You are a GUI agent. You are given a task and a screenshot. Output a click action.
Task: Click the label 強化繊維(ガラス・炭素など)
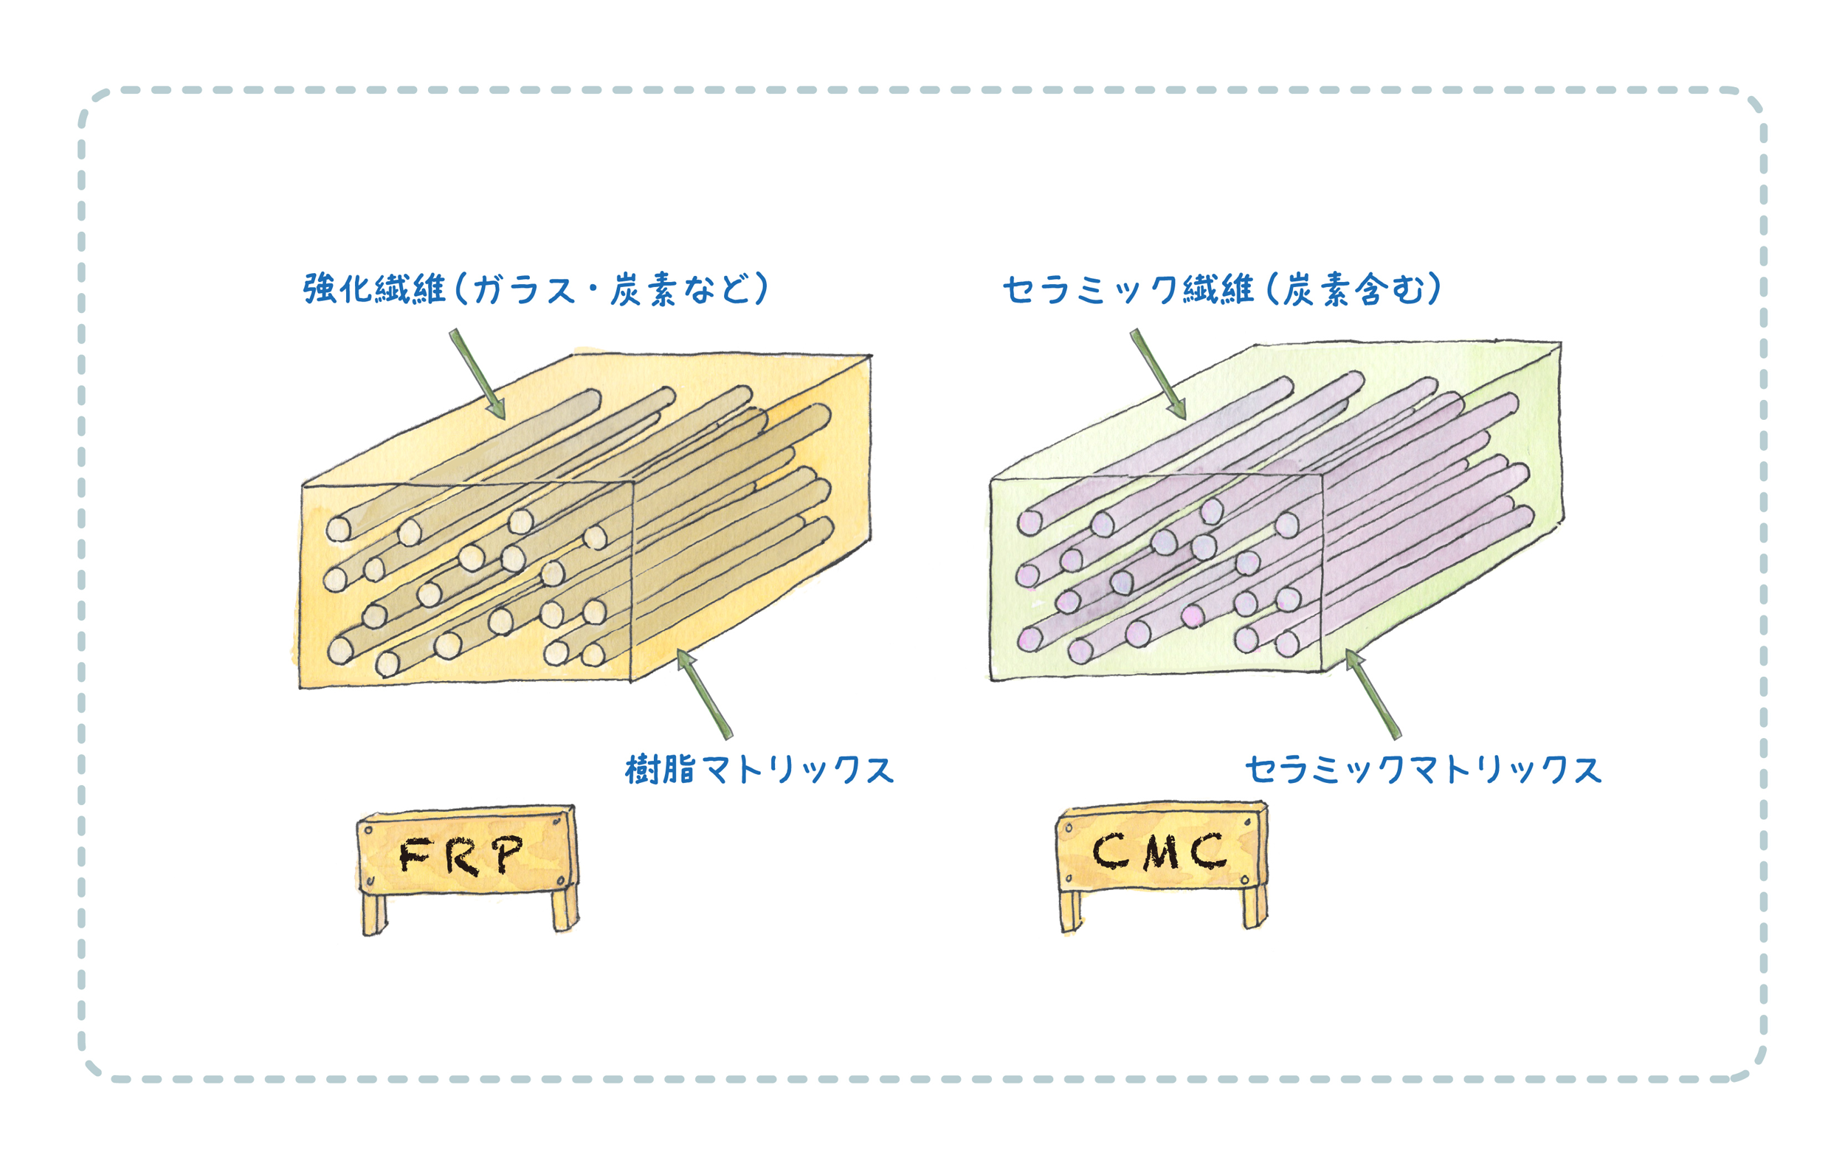[x=535, y=289]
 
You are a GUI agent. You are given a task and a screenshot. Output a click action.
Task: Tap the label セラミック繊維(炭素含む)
[x=1221, y=289]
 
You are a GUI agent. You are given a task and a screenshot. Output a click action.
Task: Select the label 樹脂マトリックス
[x=759, y=770]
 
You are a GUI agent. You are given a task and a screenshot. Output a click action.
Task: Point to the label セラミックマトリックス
[x=1423, y=770]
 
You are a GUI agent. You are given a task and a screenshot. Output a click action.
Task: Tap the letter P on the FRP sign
[x=508, y=853]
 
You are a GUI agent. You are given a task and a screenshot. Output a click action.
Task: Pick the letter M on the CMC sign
[x=1161, y=852]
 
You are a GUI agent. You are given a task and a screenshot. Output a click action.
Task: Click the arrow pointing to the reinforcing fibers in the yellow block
[x=477, y=375]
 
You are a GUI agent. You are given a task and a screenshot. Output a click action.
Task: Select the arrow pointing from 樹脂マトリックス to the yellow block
[x=705, y=694]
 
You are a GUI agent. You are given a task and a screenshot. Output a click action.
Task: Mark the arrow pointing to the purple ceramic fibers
[x=1158, y=375]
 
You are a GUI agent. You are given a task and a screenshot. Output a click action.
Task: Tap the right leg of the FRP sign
[x=565, y=911]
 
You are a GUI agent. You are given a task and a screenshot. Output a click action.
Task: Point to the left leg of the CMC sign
[x=1070, y=911]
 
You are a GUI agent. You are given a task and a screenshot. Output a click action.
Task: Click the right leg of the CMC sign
[x=1255, y=908]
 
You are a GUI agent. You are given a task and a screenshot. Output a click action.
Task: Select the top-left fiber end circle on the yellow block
[x=339, y=528]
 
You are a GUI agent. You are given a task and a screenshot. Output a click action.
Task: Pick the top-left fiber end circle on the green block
[x=1030, y=523]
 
